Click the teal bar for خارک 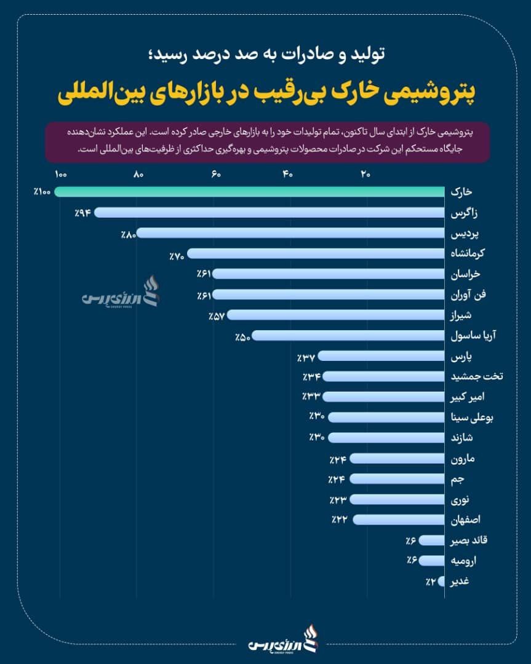(x=249, y=192)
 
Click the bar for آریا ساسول (x=348, y=336)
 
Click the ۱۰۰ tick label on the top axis (x=60, y=175)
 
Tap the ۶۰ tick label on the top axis (x=216, y=175)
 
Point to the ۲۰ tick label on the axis (x=365, y=175)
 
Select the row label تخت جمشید (x=477, y=376)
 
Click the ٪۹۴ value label (x=82, y=213)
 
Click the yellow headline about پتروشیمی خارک (x=266, y=95)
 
